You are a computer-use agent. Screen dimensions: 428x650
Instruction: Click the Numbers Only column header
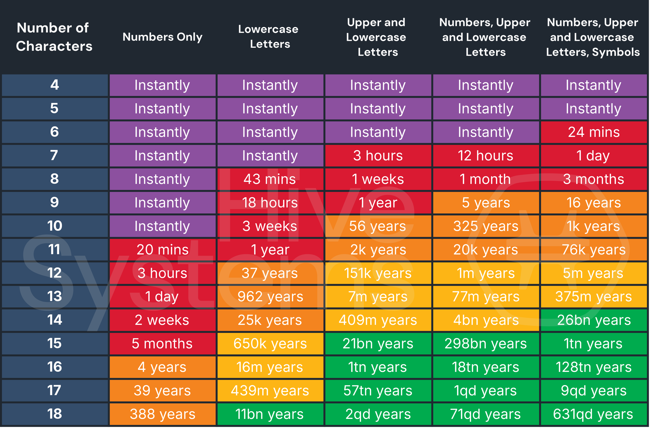[x=162, y=37]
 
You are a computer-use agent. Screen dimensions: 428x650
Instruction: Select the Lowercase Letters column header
[x=270, y=37]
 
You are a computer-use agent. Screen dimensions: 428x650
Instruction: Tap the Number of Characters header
[x=54, y=37]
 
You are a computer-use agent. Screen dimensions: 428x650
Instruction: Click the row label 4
[x=55, y=85]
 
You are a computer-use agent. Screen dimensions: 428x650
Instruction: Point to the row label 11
[x=55, y=250]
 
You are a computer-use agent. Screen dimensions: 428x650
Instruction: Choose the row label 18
[x=55, y=414]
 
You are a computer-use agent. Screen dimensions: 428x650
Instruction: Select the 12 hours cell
[x=485, y=156]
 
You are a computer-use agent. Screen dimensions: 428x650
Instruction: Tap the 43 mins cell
[x=270, y=179]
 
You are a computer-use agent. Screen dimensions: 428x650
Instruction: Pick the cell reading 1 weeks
[x=378, y=179]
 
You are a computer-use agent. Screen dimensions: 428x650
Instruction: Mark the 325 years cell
[x=485, y=226]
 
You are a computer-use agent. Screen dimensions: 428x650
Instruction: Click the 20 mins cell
[x=162, y=250]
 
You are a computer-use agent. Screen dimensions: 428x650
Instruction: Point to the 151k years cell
[x=378, y=273]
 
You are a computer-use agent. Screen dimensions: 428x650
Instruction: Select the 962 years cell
[x=270, y=296]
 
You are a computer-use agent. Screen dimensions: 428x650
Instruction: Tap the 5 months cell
[x=162, y=343]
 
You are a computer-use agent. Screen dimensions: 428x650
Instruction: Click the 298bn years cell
[x=485, y=343]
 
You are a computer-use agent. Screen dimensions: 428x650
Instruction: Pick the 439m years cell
[x=270, y=390]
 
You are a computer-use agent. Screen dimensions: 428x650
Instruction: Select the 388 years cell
[x=162, y=414]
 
